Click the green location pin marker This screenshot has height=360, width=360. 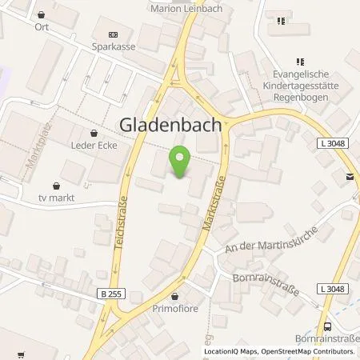pos(180,162)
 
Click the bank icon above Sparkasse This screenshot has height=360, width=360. pos(112,34)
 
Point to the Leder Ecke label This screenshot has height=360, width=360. pos(95,147)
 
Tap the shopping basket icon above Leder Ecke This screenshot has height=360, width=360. pos(95,134)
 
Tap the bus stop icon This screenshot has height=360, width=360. pos(328,326)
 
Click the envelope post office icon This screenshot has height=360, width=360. pos(350,178)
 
